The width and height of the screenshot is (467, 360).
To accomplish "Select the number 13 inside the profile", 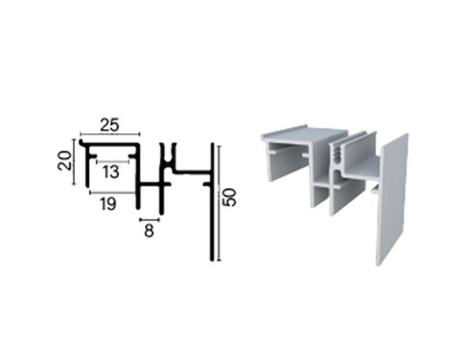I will tap(111, 171).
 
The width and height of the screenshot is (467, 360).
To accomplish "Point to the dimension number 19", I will tap(109, 204).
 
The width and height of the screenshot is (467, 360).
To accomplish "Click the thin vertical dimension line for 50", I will tap(219, 202).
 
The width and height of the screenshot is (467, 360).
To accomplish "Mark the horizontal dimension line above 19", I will tap(114, 191).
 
